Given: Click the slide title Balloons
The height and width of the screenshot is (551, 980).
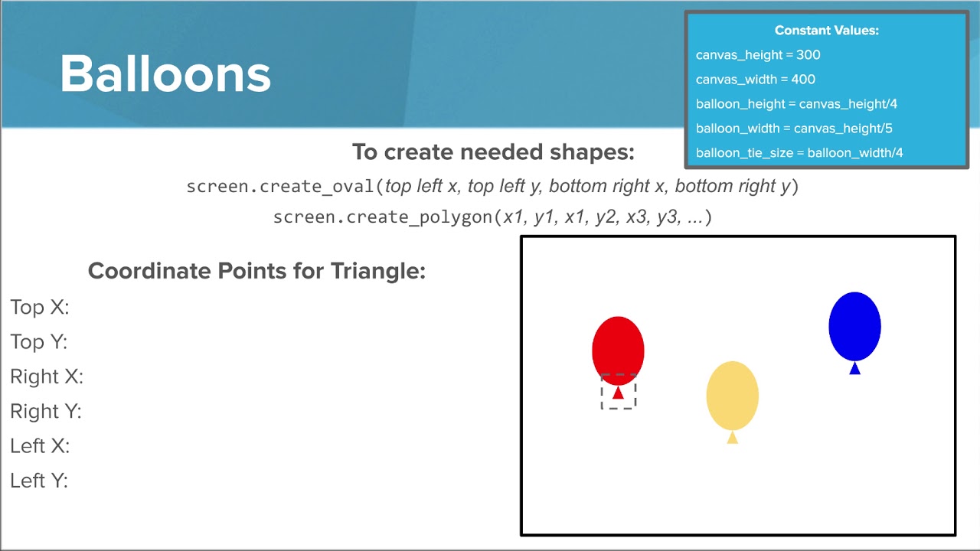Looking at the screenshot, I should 165,74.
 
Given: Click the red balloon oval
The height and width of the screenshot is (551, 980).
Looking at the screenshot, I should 618,349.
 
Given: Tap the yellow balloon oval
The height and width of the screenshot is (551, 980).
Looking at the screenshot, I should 732,396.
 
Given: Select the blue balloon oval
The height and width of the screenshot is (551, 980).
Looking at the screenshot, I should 854,326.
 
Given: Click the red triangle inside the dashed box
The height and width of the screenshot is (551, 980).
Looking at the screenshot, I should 618,393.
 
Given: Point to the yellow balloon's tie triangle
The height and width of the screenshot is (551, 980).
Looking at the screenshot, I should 732,438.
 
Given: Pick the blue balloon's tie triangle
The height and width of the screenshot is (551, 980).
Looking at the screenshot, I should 854,369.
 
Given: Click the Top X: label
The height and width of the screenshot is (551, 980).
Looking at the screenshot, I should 40,307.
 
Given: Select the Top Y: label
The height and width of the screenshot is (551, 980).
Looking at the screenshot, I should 39,341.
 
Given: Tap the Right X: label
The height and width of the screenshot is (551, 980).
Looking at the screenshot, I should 47,377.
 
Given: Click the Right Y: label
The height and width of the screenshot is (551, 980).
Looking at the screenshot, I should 46,411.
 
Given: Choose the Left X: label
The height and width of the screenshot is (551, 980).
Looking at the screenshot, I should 40,445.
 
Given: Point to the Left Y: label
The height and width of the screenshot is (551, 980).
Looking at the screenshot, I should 39,481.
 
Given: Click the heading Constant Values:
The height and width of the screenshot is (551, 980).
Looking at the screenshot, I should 826,31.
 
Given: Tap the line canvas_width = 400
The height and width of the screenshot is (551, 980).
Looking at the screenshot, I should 756,80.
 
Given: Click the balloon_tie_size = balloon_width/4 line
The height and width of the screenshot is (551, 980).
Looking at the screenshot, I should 799,153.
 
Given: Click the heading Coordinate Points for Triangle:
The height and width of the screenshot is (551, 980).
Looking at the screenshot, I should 256,271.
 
